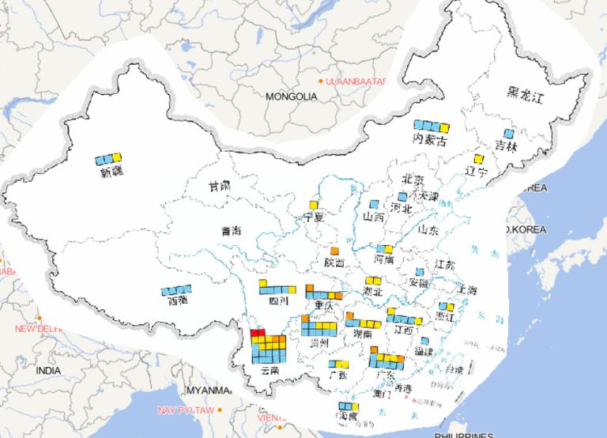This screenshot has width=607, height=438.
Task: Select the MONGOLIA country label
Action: point(291,96)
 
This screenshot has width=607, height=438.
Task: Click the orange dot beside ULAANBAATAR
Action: point(320,81)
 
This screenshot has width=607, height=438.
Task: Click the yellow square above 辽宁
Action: point(478,159)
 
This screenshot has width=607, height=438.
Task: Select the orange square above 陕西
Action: point(334,251)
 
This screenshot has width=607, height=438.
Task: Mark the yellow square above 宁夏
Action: point(315,205)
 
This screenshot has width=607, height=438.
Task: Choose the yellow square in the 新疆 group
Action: point(118,158)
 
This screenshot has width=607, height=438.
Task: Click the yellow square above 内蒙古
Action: point(445,126)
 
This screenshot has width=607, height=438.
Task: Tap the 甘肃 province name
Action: point(219,187)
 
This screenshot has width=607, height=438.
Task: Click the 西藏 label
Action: point(178,300)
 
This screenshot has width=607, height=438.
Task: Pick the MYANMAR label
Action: point(207,391)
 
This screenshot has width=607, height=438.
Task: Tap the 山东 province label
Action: point(428,231)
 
